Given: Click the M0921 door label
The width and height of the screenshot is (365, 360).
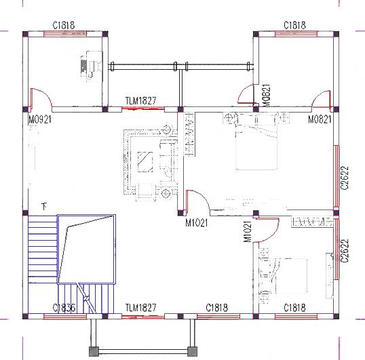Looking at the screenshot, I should coord(40,120).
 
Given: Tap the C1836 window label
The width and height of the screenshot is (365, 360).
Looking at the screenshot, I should coord(64,308).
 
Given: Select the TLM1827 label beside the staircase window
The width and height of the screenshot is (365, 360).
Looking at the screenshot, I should coord(140,308).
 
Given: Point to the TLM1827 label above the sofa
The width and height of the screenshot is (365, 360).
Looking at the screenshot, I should coord(140,101).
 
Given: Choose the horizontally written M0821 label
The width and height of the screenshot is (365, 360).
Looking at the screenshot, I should coord(320,120).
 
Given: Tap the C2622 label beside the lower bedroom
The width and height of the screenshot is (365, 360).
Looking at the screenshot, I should coord(345,250).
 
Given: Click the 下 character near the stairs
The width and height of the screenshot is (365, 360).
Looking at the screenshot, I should coord(45,205).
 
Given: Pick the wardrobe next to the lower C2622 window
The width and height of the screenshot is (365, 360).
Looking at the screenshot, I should coord(313,221).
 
